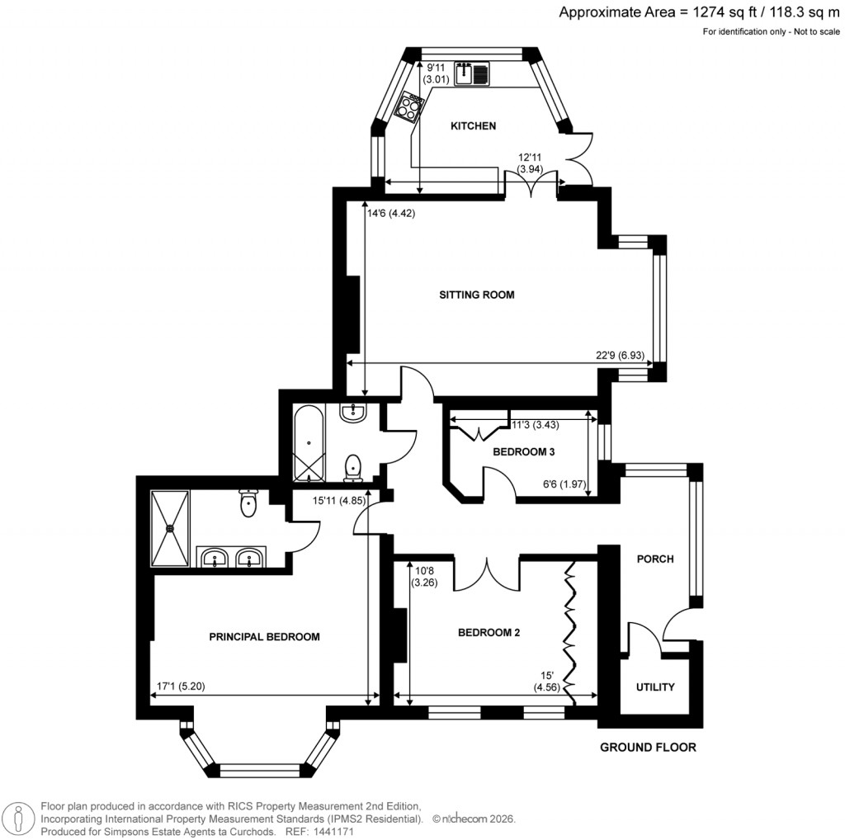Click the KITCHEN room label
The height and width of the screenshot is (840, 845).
tap(473, 126)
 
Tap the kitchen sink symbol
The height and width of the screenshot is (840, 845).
tap(471, 74)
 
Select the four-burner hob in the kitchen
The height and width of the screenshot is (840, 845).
tap(410, 108)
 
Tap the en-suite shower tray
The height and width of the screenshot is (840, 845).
tap(170, 528)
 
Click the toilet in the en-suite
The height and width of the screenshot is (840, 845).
tap(248, 502)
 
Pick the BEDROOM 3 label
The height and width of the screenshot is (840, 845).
tap(524, 452)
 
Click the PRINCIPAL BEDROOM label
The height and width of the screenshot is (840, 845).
tap(264, 637)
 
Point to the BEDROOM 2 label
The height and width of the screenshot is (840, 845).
tap(489, 633)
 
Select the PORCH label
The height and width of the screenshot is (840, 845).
tap(655, 559)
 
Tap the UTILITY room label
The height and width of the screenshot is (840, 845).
tap(655, 687)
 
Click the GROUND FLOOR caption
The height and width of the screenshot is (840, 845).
tap(648, 748)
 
